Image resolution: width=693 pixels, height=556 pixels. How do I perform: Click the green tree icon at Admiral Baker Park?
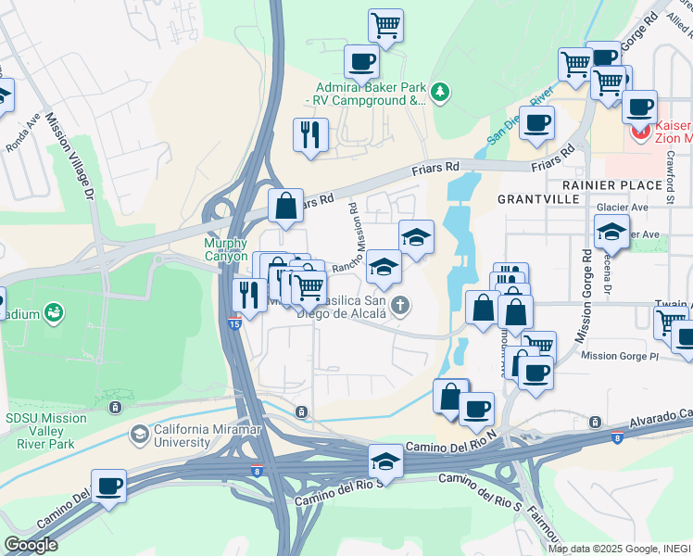(x=441, y=91)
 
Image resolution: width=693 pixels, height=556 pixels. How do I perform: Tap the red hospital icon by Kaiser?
(x=638, y=133)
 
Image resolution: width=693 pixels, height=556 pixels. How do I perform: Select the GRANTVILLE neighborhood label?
(x=537, y=199)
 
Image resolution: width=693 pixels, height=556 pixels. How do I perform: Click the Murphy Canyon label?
(x=225, y=249)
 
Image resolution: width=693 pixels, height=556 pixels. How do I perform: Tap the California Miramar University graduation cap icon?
(x=139, y=434)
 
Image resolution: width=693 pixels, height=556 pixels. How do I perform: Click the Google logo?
(x=31, y=544)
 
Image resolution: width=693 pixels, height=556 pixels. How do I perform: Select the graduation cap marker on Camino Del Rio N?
(x=386, y=461)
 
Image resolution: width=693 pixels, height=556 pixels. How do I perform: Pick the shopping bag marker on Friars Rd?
(x=286, y=207)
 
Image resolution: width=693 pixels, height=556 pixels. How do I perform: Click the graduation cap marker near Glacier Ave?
(x=611, y=232)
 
